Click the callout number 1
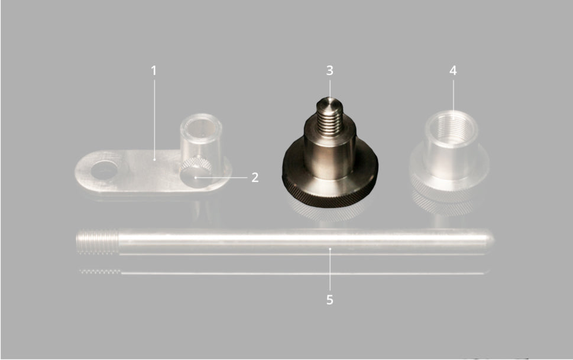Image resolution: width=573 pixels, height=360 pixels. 154,70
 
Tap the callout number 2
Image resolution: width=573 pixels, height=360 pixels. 255,177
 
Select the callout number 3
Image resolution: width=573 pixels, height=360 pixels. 329,70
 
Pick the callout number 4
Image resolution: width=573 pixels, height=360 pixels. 453,70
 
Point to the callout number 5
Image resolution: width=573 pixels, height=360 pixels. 329,300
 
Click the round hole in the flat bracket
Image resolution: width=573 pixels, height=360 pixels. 105,170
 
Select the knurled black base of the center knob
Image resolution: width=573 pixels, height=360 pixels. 330,190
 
